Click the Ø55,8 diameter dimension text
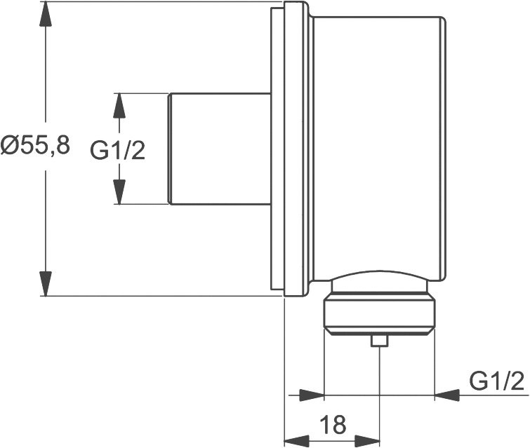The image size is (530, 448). click(35, 146)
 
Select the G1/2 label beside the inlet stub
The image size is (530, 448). click(118, 149)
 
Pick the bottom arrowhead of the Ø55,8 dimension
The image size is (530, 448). click(46, 283)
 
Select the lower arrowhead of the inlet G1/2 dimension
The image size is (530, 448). click(119, 191)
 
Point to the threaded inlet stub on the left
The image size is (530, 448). click(219, 149)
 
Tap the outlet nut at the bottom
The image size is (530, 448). click(379, 315)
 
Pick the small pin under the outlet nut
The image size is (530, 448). click(380, 341)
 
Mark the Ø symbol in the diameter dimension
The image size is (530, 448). click(10, 146)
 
